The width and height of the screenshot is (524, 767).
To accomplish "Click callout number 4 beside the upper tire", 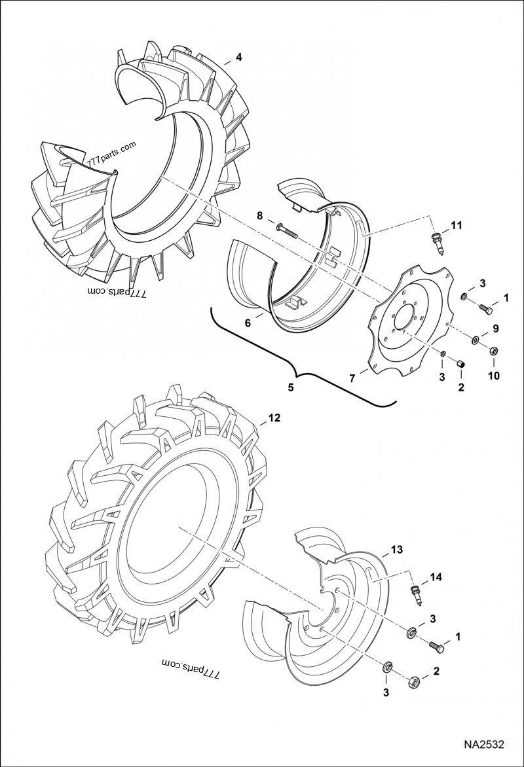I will pos(238,57).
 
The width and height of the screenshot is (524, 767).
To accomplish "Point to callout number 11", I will pos(456,226).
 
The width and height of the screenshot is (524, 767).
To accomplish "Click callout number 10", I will pos(493,376).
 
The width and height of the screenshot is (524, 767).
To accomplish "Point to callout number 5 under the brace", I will pos(291,387).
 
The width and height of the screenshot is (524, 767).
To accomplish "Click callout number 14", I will pos(436,578).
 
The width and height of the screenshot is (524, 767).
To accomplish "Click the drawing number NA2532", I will pos(484,745).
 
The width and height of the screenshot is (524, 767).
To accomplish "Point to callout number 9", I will pos(495,328).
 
